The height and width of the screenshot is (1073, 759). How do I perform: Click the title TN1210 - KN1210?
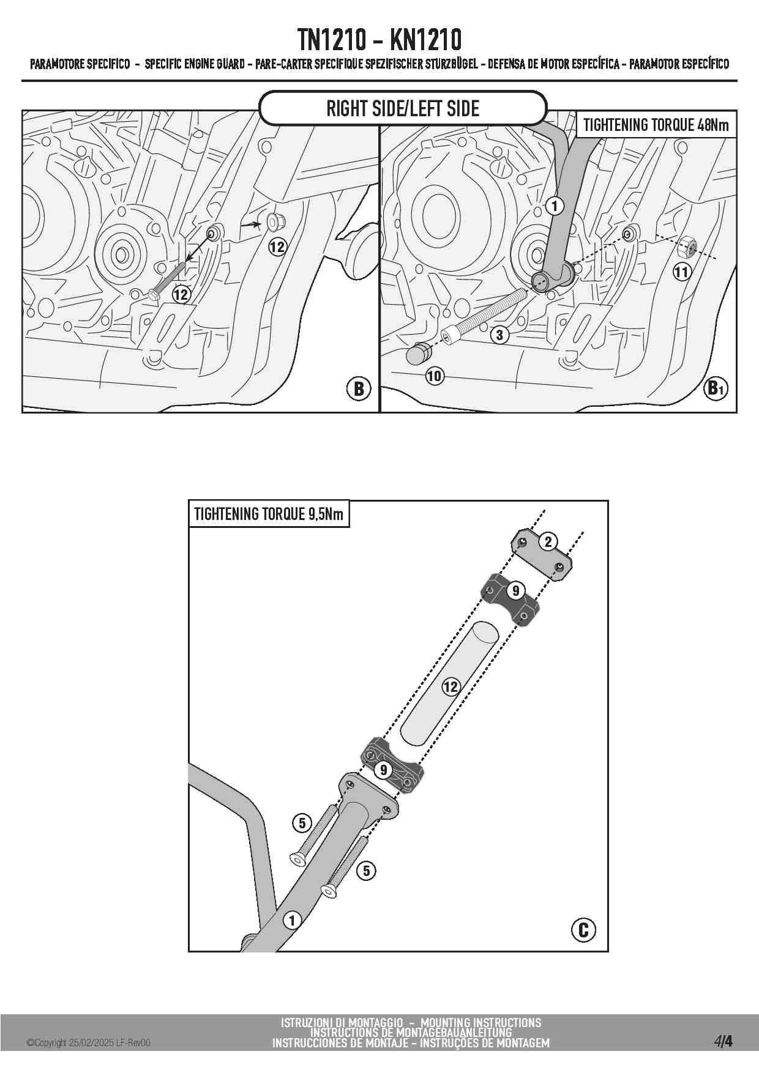click(379, 40)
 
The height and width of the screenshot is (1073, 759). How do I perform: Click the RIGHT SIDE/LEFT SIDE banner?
click(403, 109)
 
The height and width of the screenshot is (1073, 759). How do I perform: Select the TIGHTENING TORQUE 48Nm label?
click(656, 125)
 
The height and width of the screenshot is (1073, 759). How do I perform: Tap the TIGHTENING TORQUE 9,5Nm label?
click(269, 514)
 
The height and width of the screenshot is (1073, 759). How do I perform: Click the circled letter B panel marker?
click(359, 388)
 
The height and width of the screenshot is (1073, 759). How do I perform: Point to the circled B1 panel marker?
click(716, 388)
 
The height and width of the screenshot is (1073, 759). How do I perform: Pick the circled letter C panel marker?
click(583, 930)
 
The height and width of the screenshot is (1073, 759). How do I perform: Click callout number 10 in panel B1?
click(434, 376)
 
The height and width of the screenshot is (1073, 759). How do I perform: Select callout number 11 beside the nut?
click(682, 272)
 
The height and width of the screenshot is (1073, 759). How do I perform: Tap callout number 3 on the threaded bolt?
click(499, 335)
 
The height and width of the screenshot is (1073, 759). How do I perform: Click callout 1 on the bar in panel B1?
click(554, 206)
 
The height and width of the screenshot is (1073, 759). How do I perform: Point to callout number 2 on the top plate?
click(548, 541)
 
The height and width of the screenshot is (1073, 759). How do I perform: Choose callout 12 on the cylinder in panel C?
click(451, 686)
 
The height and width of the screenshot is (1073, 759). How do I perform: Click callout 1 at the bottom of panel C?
click(292, 920)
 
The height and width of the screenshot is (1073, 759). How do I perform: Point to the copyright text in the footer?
click(88, 1043)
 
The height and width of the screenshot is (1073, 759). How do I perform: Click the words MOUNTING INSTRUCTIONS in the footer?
click(480, 1023)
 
